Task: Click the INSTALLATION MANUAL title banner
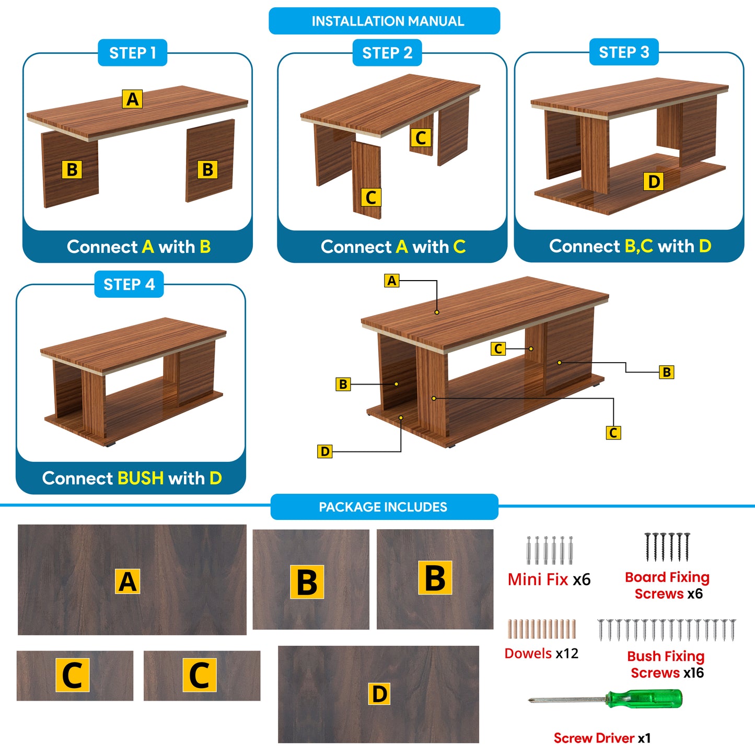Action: pyautogui.click(x=384, y=21)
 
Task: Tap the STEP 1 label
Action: pyautogui.click(x=132, y=53)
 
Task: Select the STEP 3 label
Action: pyautogui.click(x=623, y=52)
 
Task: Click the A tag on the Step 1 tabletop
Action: pyautogui.click(x=132, y=99)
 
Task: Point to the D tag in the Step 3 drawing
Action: pyautogui.click(x=654, y=181)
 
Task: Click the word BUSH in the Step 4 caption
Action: pyautogui.click(x=141, y=478)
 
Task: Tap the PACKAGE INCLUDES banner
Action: pyautogui.click(x=384, y=507)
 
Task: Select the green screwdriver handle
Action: pyautogui.click(x=644, y=699)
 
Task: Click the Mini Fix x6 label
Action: pyautogui.click(x=549, y=579)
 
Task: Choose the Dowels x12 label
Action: pyautogui.click(x=541, y=654)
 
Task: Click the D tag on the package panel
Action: pyautogui.click(x=379, y=694)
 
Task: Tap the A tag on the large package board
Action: pyautogui.click(x=128, y=582)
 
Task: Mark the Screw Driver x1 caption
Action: pyautogui.click(x=602, y=738)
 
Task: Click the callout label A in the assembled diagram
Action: pyautogui.click(x=391, y=281)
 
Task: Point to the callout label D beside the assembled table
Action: pyautogui.click(x=324, y=451)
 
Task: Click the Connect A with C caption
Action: pyautogui.click(x=393, y=247)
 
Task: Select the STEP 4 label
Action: pyautogui.click(x=129, y=284)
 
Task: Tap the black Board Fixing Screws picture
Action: pyautogui.click(x=667, y=547)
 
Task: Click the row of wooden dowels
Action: pyautogui.click(x=541, y=629)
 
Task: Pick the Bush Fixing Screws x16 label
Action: pyautogui.click(x=666, y=664)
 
